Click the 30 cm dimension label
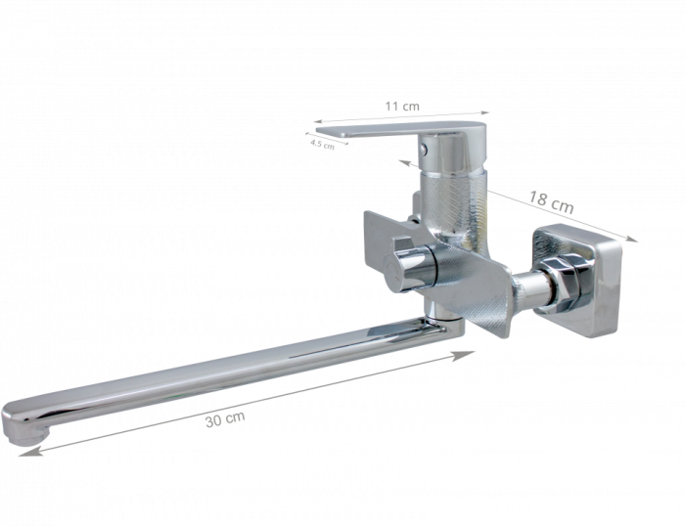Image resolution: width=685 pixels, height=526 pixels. (225, 419)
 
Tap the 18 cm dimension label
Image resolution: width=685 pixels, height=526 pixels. (551, 201)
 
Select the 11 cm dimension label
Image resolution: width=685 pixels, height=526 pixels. (402, 106)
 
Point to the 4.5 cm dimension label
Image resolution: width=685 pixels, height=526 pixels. (322, 144)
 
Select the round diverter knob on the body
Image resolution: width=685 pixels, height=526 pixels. (408, 266)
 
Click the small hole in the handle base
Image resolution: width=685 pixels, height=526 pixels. (424, 149)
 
